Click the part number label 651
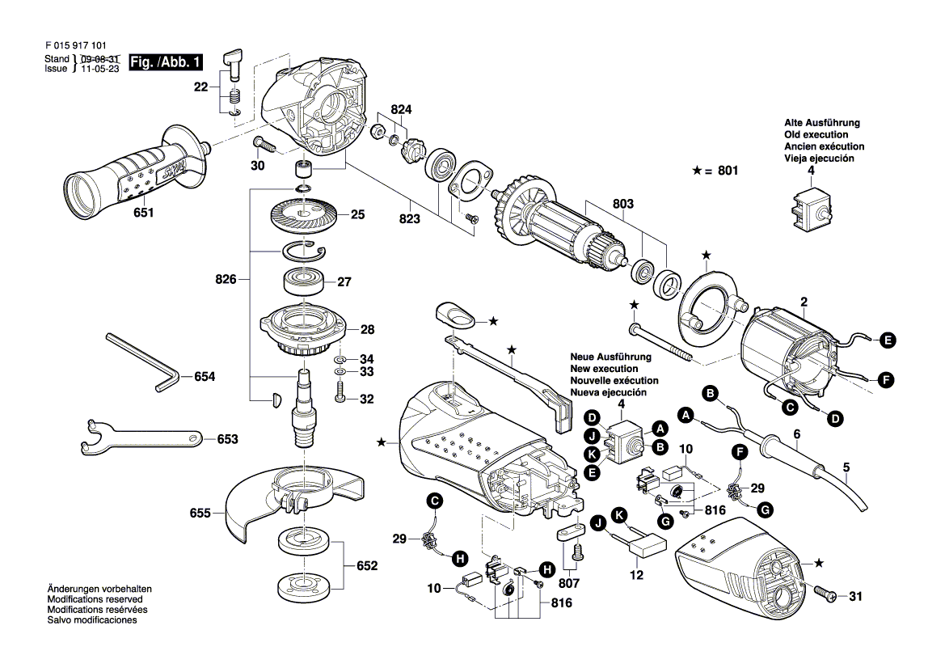click(143, 214)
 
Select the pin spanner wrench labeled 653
click(137, 437)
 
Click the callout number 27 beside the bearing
click(345, 283)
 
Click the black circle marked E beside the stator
click(888, 340)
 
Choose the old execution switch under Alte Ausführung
click(805, 208)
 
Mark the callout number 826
click(226, 280)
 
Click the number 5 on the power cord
click(846, 467)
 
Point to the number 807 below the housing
click(569, 581)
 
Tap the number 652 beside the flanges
click(367, 566)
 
